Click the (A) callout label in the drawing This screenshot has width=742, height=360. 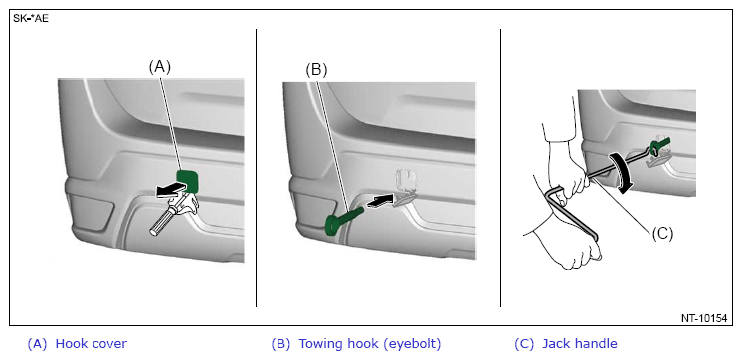click(x=159, y=68)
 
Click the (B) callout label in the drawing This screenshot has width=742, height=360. click(x=316, y=70)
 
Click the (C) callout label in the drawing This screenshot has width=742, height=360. click(x=662, y=234)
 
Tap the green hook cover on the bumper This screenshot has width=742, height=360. click(x=188, y=180)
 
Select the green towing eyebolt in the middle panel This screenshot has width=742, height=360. click(x=343, y=220)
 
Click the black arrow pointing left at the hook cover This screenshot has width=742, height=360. click(x=170, y=190)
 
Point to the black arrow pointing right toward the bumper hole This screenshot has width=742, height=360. click(x=381, y=202)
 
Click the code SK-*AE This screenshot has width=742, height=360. click(x=31, y=20)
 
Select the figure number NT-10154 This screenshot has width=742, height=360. click(x=704, y=318)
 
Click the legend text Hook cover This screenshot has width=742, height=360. click(x=92, y=343)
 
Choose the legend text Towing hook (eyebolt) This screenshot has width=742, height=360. click(x=370, y=344)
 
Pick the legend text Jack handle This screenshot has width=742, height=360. click(x=579, y=344)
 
